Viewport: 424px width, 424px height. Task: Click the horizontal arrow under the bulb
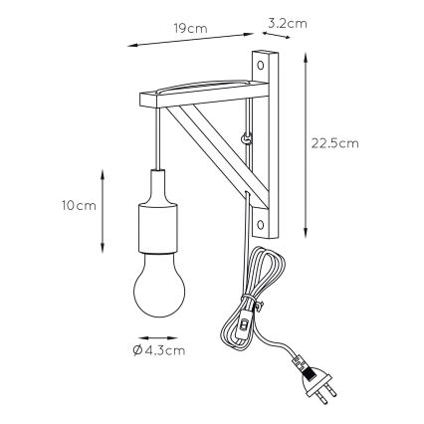(158, 335)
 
